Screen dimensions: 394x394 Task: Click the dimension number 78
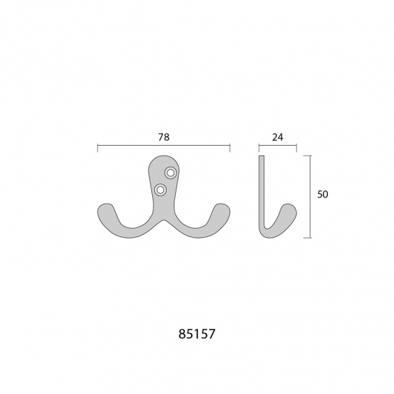(x=164, y=137)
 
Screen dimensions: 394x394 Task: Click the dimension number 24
(x=278, y=137)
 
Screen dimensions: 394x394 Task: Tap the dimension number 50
(x=323, y=195)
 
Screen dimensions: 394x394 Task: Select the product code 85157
(x=197, y=334)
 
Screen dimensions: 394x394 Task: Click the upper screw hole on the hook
(x=171, y=173)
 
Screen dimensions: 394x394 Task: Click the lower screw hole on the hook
(x=160, y=190)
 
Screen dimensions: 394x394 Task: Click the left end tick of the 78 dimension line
(x=98, y=148)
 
